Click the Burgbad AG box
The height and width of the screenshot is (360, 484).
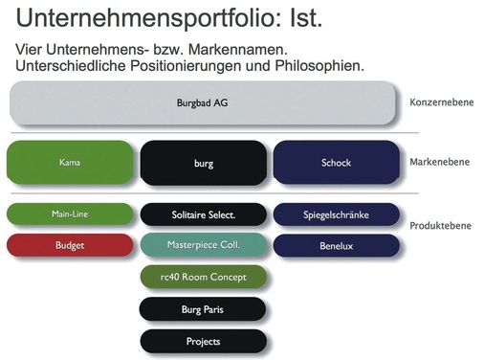tap(203, 102)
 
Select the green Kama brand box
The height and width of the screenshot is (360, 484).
tap(69, 162)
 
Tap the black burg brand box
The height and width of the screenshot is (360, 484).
tap(203, 163)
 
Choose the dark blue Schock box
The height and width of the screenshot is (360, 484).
tap(336, 163)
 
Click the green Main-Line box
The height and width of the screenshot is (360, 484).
tap(69, 214)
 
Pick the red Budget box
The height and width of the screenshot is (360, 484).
tap(69, 245)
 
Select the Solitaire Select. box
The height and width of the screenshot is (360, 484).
tap(203, 214)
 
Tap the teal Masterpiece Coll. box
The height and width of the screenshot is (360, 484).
tap(203, 245)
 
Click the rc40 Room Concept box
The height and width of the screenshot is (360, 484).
tap(203, 278)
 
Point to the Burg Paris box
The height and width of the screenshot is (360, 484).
tap(203, 309)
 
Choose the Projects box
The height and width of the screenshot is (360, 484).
tap(203, 341)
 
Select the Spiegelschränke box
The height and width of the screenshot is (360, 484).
tap(336, 214)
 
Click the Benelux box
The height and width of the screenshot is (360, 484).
tap(336, 245)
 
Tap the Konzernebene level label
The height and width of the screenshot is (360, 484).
tap(440, 102)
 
